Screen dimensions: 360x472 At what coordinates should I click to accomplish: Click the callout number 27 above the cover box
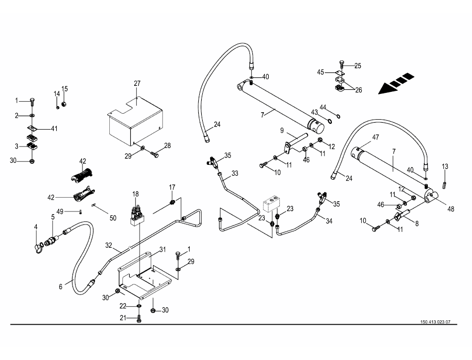pyautogui.click(x=137, y=84)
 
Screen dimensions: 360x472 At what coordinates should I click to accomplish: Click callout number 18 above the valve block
pyautogui.click(x=135, y=194)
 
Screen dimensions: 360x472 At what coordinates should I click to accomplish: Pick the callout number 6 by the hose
pyautogui.click(x=61, y=287)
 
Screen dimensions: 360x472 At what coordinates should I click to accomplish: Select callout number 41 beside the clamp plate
pyautogui.click(x=54, y=129)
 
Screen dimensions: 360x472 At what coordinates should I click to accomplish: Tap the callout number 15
pyautogui.click(x=65, y=89)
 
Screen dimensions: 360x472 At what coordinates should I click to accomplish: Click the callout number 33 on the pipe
pyautogui.click(x=235, y=173)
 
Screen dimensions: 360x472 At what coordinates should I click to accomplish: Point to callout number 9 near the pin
pyautogui.click(x=281, y=131)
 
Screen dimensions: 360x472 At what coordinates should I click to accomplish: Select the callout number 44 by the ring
pyautogui.click(x=323, y=107)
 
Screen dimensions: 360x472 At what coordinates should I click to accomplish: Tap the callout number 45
pyautogui.click(x=321, y=72)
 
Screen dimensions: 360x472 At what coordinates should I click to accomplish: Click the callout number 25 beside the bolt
pyautogui.click(x=358, y=66)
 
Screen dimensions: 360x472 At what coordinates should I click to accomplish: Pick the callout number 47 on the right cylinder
pyautogui.click(x=375, y=137)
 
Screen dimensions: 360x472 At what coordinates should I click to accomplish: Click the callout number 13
pyautogui.click(x=445, y=166)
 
